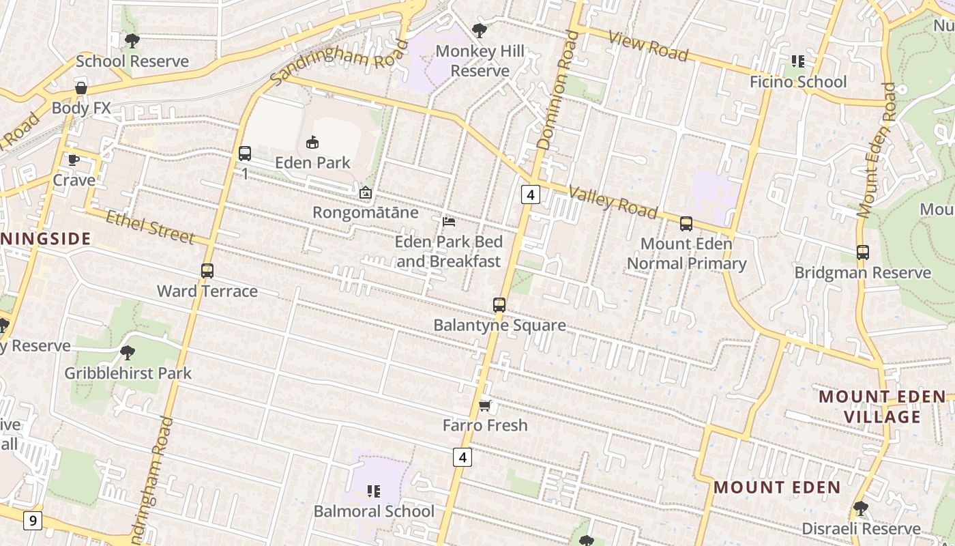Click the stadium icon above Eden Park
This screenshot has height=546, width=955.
[312, 142]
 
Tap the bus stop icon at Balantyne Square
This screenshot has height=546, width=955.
[499, 305]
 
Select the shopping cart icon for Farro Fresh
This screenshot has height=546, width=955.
[484, 406]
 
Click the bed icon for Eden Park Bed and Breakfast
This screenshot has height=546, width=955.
[449, 222]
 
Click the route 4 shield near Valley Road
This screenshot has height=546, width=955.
[531, 195]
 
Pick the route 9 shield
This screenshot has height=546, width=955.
[32, 521]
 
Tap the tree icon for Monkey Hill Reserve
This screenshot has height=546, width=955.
[480, 31]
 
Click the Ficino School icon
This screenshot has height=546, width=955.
[797, 61]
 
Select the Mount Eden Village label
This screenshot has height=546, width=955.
[883, 407]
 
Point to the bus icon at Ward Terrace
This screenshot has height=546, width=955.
[207, 271]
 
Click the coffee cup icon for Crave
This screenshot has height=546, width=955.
[74, 160]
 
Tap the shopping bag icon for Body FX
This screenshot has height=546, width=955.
[80, 88]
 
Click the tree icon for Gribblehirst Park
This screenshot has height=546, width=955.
[127, 353]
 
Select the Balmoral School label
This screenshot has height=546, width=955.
[374, 511]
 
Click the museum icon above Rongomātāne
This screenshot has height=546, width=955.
[366, 193]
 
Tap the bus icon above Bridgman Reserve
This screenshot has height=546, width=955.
[862, 253]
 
